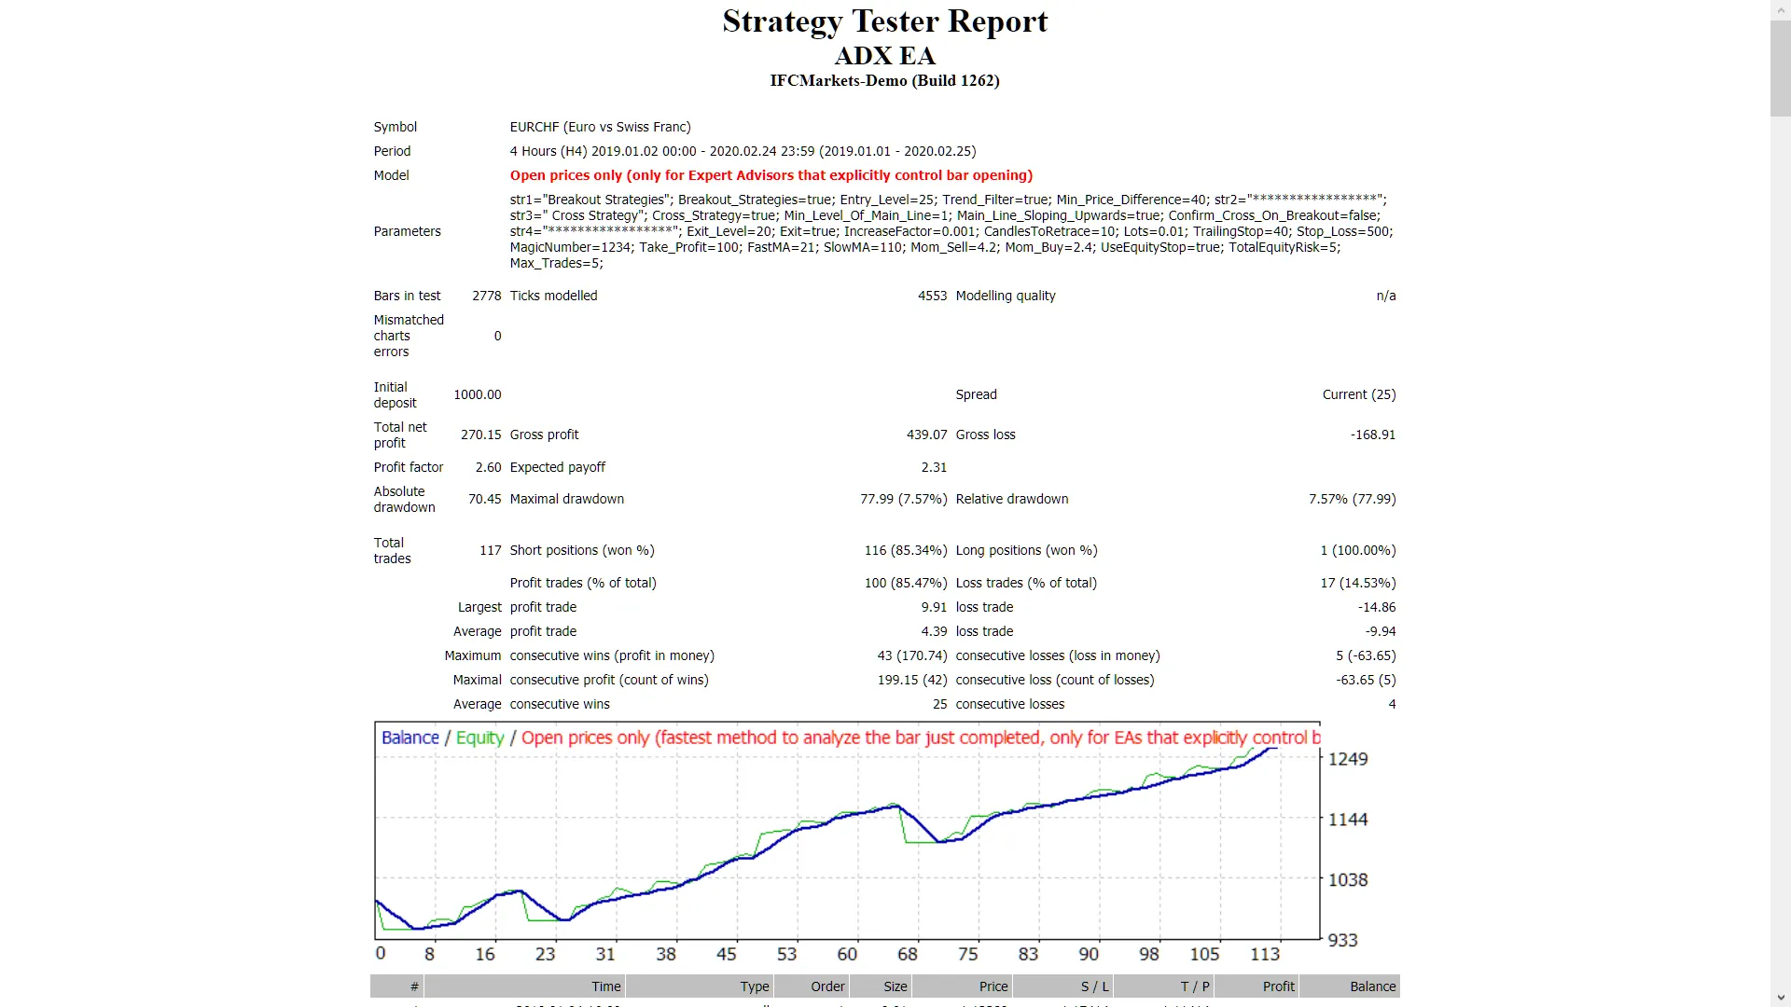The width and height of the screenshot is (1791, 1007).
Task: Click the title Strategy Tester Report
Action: tap(884, 21)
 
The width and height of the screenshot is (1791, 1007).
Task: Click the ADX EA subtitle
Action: tap(884, 56)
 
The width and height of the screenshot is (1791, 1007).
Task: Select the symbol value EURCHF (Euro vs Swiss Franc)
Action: tap(600, 127)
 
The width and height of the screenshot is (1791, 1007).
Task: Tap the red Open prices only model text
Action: tap(771, 175)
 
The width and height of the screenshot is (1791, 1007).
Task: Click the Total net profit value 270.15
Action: tap(480, 435)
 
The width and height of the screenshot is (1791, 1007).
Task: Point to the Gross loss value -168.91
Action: tap(1372, 435)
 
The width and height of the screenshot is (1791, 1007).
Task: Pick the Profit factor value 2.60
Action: tap(488, 467)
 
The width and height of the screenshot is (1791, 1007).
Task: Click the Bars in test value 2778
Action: tap(486, 296)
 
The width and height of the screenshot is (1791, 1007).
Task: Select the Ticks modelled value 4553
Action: tap(932, 296)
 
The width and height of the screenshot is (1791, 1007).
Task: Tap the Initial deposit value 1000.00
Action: tap(477, 394)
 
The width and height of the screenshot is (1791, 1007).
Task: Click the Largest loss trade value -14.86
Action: tap(1376, 607)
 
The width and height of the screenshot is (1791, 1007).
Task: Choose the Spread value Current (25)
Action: tap(1358, 394)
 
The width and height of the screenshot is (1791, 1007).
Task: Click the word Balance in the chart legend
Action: tap(410, 738)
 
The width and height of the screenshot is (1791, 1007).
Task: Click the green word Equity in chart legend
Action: tap(479, 738)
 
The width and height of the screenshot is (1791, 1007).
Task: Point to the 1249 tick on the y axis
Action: tap(1347, 759)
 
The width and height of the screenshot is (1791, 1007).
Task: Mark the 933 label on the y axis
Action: tap(1342, 940)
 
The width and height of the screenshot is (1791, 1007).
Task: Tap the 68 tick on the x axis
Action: tap(907, 954)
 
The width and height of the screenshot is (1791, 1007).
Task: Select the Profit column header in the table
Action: tap(1278, 986)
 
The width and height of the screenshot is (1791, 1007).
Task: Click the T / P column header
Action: tap(1194, 986)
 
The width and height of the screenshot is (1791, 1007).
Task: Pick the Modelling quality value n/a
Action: tap(1385, 296)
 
